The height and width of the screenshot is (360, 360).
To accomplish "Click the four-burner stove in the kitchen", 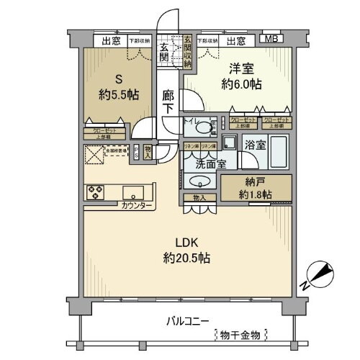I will coord(96,192).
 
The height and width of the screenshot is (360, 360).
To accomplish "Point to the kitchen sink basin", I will coord(133,192).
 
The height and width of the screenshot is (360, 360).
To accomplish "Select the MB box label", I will coord(271,40).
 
